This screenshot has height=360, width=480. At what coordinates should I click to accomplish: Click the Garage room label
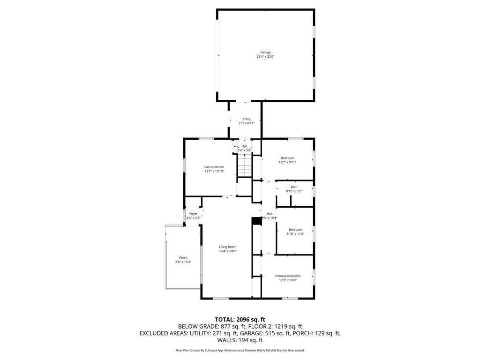tap(265, 52)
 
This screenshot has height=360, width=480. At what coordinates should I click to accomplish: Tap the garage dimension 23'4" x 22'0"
tap(265, 57)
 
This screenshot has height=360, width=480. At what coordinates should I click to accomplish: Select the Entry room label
tap(246, 119)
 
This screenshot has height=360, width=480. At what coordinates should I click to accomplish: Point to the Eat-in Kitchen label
tap(214, 167)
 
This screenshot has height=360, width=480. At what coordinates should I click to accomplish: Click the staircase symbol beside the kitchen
tap(244, 166)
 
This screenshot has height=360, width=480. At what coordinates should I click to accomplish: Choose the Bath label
tap(294, 187)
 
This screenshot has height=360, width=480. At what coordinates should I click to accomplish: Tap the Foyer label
tap(193, 213)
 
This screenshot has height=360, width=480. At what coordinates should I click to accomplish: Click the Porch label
tap(183, 257)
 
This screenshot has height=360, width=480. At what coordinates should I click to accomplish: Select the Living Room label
tap(228, 247)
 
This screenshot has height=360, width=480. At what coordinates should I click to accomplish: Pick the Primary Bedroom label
tap(287, 276)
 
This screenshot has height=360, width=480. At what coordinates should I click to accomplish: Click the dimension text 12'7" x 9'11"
tap(287, 162)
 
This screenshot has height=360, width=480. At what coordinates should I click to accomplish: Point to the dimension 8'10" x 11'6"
tap(295, 233)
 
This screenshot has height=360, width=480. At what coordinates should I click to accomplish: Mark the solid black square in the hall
tap(256, 221)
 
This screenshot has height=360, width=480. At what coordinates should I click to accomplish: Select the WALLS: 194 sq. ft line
tap(240, 340)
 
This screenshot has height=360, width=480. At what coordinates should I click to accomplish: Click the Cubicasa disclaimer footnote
tap(240, 350)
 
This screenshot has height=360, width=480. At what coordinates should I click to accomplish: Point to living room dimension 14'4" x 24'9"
tap(228, 251)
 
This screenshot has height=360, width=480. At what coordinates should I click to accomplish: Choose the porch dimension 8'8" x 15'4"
tap(183, 262)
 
